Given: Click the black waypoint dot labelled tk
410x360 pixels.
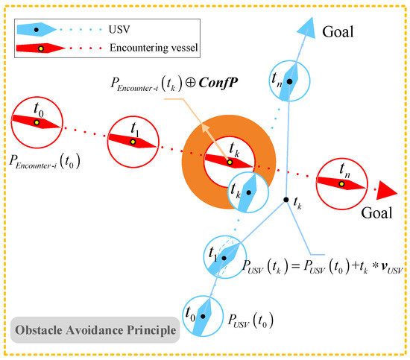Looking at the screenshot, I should (x=286, y=200).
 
